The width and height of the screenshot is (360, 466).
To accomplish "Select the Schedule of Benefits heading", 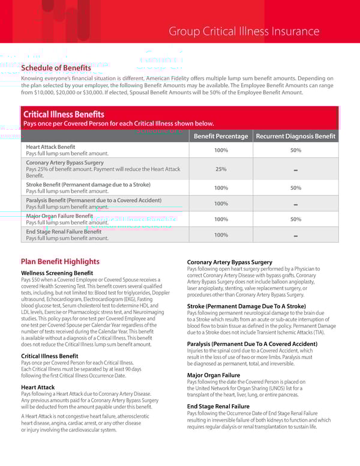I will (x=56, y=68).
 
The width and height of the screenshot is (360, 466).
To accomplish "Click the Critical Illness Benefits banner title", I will (x=64, y=114).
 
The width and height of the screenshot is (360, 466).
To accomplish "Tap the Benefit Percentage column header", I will (x=221, y=136).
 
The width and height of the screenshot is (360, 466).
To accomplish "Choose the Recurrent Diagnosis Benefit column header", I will (x=295, y=136).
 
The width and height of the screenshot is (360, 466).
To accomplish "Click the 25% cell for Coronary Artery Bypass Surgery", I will (x=221, y=169).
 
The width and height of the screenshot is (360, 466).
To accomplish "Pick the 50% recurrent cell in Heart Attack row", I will (x=295, y=150).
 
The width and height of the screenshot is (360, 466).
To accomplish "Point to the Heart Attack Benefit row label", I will (x=51, y=147).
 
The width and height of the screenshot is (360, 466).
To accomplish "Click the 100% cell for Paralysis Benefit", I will (x=221, y=204).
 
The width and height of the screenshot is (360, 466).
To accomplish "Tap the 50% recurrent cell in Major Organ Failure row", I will (x=295, y=219).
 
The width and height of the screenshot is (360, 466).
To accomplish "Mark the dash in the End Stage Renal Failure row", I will (x=295, y=235).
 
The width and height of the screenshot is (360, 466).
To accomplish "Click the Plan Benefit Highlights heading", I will (x=60, y=261).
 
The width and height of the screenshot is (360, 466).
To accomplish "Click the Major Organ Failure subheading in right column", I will (x=214, y=375).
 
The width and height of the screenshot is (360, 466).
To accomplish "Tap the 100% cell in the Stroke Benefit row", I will (x=221, y=188).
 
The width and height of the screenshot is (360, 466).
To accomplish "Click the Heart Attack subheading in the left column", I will (x=38, y=387).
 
